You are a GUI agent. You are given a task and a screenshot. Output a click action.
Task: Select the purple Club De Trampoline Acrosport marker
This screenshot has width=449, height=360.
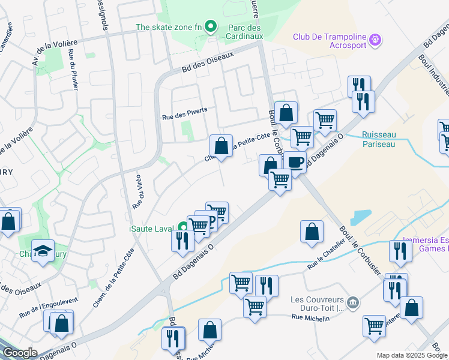(x=376, y=40)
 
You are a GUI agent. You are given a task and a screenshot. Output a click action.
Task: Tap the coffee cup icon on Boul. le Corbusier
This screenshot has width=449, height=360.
(x=295, y=161)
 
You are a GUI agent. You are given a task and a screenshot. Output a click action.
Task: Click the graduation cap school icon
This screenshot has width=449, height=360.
(x=43, y=251)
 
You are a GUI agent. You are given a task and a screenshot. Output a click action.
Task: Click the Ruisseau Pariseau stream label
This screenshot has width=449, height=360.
(x=379, y=140)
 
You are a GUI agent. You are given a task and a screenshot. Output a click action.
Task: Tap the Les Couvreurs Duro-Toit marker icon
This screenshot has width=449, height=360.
(x=353, y=301)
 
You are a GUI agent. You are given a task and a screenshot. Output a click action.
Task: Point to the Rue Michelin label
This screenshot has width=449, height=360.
(x=310, y=318)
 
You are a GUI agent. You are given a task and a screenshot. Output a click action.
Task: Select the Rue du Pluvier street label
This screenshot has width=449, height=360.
(x=73, y=69)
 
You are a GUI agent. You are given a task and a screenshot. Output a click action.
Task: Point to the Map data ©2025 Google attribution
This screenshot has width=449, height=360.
(x=412, y=355)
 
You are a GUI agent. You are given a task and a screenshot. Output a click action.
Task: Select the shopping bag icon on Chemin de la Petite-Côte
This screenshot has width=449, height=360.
(x=221, y=146)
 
